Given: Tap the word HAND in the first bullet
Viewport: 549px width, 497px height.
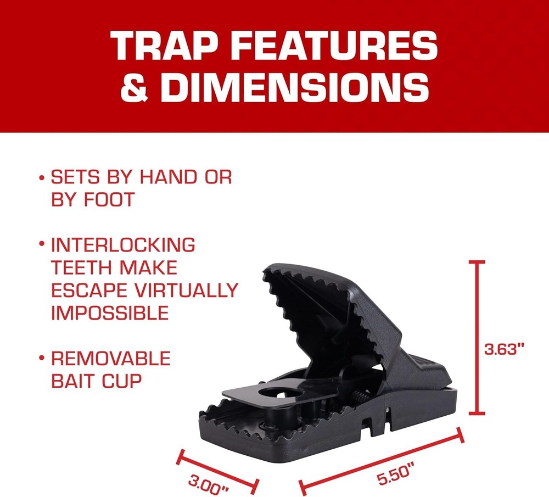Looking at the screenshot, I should tap(164, 177).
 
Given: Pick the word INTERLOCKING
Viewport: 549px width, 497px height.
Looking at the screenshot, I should tap(123, 245).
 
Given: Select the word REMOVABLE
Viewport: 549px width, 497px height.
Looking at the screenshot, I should tap(111, 359).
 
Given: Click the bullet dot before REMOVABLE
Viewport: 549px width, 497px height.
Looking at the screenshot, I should tap(42, 359).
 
